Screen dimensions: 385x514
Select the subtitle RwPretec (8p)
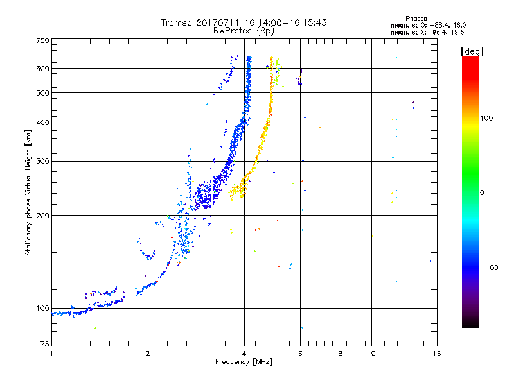[244, 30]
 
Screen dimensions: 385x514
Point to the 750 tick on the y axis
[42, 40]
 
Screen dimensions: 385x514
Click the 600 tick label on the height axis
[42, 69]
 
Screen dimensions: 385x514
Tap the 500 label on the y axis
[42, 93]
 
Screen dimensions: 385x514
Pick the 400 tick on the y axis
[42, 123]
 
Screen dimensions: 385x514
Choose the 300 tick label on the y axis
[42, 162]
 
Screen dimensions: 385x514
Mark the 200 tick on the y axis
[42, 216]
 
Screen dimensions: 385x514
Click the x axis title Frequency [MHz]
[244, 362]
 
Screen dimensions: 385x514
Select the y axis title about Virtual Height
[28, 193]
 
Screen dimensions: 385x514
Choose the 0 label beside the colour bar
[482, 193]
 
